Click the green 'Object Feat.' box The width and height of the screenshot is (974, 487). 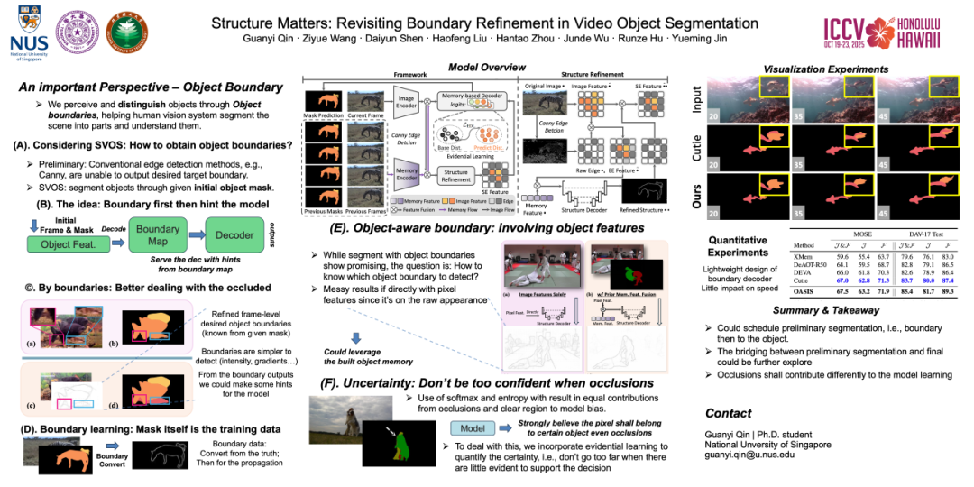click(68, 243)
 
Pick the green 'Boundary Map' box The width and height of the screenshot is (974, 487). click(158, 236)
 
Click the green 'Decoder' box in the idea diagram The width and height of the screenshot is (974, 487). click(235, 236)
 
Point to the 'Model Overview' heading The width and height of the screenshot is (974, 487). click(487, 68)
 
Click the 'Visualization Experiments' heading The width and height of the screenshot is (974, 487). click(825, 69)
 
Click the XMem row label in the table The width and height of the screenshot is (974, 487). click(804, 257)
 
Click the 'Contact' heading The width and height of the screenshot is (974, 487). click(729, 413)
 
